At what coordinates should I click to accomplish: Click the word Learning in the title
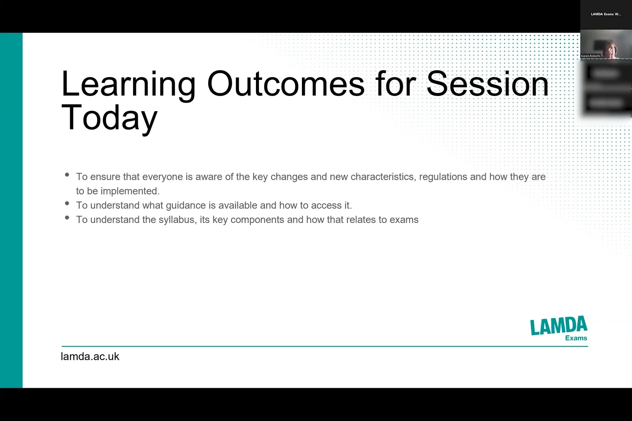click(x=128, y=84)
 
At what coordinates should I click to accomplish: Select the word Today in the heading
click(x=109, y=117)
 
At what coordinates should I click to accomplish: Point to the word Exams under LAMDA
click(x=576, y=338)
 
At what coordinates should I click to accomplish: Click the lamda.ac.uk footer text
click(x=90, y=356)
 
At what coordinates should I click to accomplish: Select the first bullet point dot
click(x=67, y=175)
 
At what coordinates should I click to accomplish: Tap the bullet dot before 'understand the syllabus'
click(x=67, y=218)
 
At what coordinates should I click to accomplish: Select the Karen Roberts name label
click(x=591, y=56)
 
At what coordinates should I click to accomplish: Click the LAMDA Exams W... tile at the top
click(x=605, y=14)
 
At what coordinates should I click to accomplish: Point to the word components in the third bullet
click(x=257, y=220)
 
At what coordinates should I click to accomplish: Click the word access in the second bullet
click(x=326, y=205)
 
